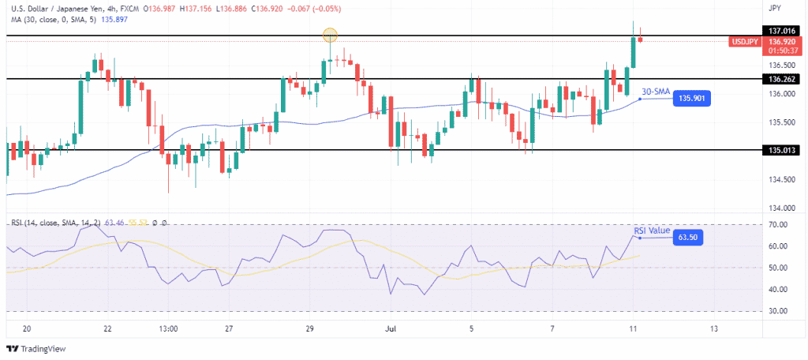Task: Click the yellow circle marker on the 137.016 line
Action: point(331,35)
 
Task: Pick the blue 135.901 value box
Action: point(690,99)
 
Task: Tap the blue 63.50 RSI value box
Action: point(689,237)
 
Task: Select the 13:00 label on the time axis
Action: point(168,328)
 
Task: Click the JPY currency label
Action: point(774,8)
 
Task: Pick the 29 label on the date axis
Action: point(310,328)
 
